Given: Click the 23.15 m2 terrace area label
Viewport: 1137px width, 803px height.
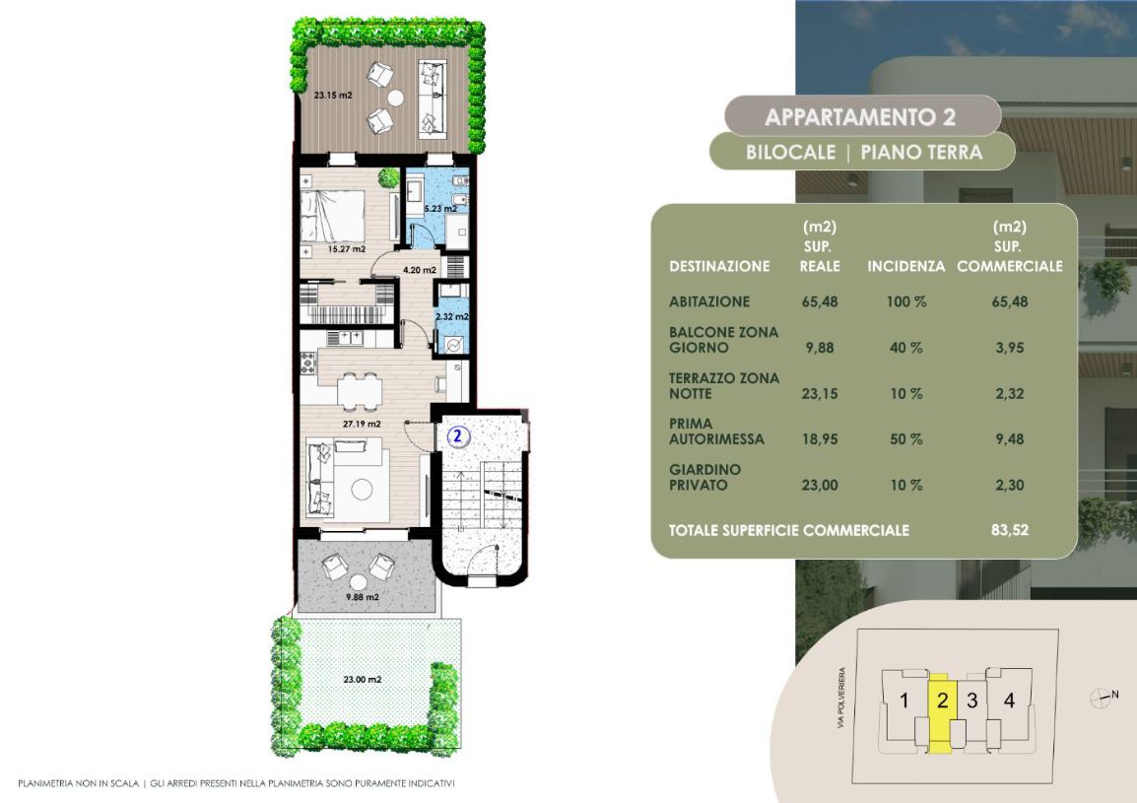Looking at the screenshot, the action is (333, 95).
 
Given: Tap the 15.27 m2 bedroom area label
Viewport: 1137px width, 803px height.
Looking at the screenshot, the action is (347, 249).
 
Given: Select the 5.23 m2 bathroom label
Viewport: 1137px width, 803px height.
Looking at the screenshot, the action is (440, 208).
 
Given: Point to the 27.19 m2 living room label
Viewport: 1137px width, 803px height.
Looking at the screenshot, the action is (362, 424).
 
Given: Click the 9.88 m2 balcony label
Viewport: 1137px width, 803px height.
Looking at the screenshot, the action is (363, 597).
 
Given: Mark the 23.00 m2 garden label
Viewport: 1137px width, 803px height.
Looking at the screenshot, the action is (363, 680).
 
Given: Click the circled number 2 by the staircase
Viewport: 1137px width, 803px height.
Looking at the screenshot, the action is (457, 435).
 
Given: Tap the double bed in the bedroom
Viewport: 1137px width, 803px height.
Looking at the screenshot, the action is (333, 216).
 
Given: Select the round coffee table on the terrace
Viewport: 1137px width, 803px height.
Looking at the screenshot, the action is (396, 98).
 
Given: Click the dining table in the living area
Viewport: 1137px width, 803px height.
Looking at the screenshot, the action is (360, 392).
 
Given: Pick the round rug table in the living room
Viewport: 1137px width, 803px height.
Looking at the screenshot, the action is (362, 490).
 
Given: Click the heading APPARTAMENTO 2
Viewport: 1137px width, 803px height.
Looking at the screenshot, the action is (860, 117).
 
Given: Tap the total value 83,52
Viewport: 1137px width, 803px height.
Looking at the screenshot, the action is (1009, 529).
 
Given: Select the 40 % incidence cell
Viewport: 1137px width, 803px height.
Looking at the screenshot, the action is (906, 348).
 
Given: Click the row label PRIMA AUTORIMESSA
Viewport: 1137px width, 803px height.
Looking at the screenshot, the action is (716, 431).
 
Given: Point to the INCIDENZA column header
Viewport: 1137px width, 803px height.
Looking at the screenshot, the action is (905, 266).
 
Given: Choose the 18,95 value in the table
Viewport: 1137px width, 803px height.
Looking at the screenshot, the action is (820, 438).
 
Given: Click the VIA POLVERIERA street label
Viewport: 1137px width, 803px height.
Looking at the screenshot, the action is (841, 699).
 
